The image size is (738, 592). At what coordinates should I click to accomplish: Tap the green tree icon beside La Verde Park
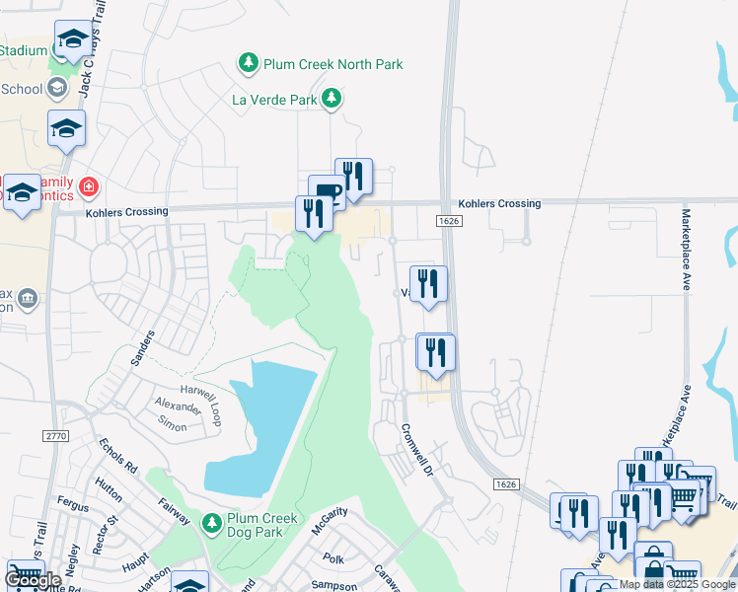(334, 98)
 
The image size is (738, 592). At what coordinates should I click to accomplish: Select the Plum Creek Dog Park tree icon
(211, 521)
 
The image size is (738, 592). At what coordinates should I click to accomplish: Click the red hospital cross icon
(89, 185)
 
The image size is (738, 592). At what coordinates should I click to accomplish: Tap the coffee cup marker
(327, 190)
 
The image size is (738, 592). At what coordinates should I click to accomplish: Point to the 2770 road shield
(55, 435)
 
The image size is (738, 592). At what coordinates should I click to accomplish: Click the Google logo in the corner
(33, 580)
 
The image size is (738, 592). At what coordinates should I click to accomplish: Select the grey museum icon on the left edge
(27, 298)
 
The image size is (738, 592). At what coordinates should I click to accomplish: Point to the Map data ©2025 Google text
(677, 584)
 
